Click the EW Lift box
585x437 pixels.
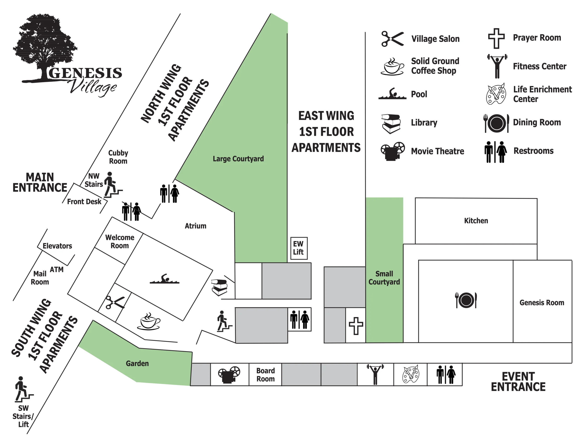tap(299, 248)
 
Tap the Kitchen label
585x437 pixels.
tap(476, 221)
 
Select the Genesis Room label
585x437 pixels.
tap(542, 302)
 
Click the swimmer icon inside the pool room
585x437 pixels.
tap(164, 279)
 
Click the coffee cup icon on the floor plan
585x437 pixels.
tap(149, 321)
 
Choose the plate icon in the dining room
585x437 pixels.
tap(466, 300)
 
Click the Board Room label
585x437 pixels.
tap(266, 375)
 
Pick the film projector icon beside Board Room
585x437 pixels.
tap(229, 375)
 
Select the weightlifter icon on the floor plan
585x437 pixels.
tap(375, 374)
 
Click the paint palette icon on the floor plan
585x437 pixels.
tap(410, 374)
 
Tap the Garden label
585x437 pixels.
tap(137, 364)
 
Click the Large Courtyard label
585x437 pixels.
tap(238, 159)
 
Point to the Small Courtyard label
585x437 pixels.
tap(384, 278)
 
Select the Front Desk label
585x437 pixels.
tap(84, 202)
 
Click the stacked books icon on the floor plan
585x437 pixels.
tap(219, 287)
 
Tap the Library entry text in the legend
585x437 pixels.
tap(424, 122)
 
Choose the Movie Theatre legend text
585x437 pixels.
tap(437, 151)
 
